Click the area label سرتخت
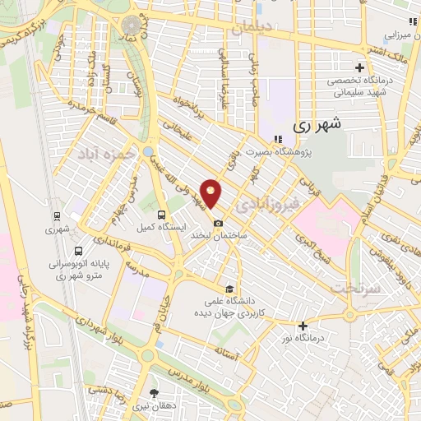point(354,288)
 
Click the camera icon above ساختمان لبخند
point(217,223)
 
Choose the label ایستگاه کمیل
point(170,224)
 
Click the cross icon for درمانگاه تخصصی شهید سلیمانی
point(359,67)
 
